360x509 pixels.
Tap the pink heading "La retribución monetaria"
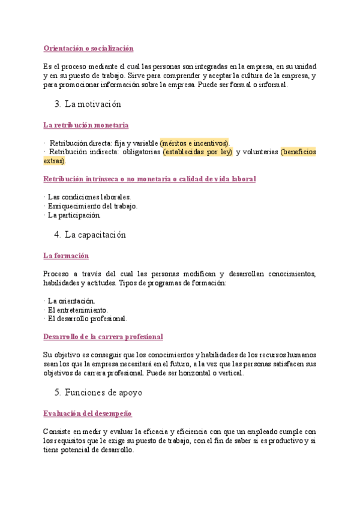pos(86,125)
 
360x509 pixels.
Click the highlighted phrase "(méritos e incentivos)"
pos(194,143)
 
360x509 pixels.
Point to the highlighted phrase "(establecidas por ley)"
pos(197,152)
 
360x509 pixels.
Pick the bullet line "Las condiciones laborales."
pos(89,197)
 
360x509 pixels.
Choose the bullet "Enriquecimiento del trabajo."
pos(92,206)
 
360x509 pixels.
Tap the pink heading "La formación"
pos(66,256)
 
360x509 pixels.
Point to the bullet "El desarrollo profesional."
pos(87,319)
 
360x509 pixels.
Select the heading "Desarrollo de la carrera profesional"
pos(103,337)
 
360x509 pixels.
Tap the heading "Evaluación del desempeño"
pos(88,414)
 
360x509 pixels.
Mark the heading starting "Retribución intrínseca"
pos(150,179)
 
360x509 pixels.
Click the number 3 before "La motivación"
pos(56,104)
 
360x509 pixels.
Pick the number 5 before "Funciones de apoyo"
pos(56,393)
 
